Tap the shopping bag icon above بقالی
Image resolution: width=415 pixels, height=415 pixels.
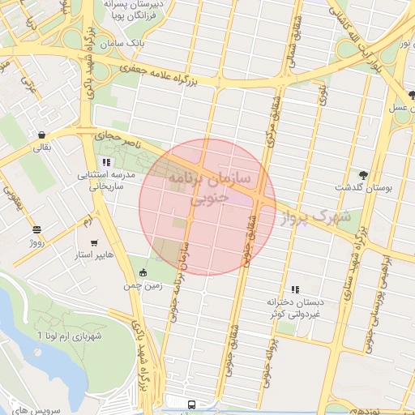coord(40,135)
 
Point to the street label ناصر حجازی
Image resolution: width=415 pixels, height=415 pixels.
coord(119,140)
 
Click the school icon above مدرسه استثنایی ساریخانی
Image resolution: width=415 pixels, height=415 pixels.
coord(106,162)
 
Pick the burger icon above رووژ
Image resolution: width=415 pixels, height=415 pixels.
coord(36,229)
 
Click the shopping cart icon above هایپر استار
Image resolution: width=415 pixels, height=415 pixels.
coord(95,242)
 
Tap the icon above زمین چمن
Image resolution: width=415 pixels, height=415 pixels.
coord(143,272)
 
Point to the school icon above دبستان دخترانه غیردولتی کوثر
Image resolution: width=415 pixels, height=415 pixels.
coord(295,289)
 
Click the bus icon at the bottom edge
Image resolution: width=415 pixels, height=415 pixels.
coord(191,404)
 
